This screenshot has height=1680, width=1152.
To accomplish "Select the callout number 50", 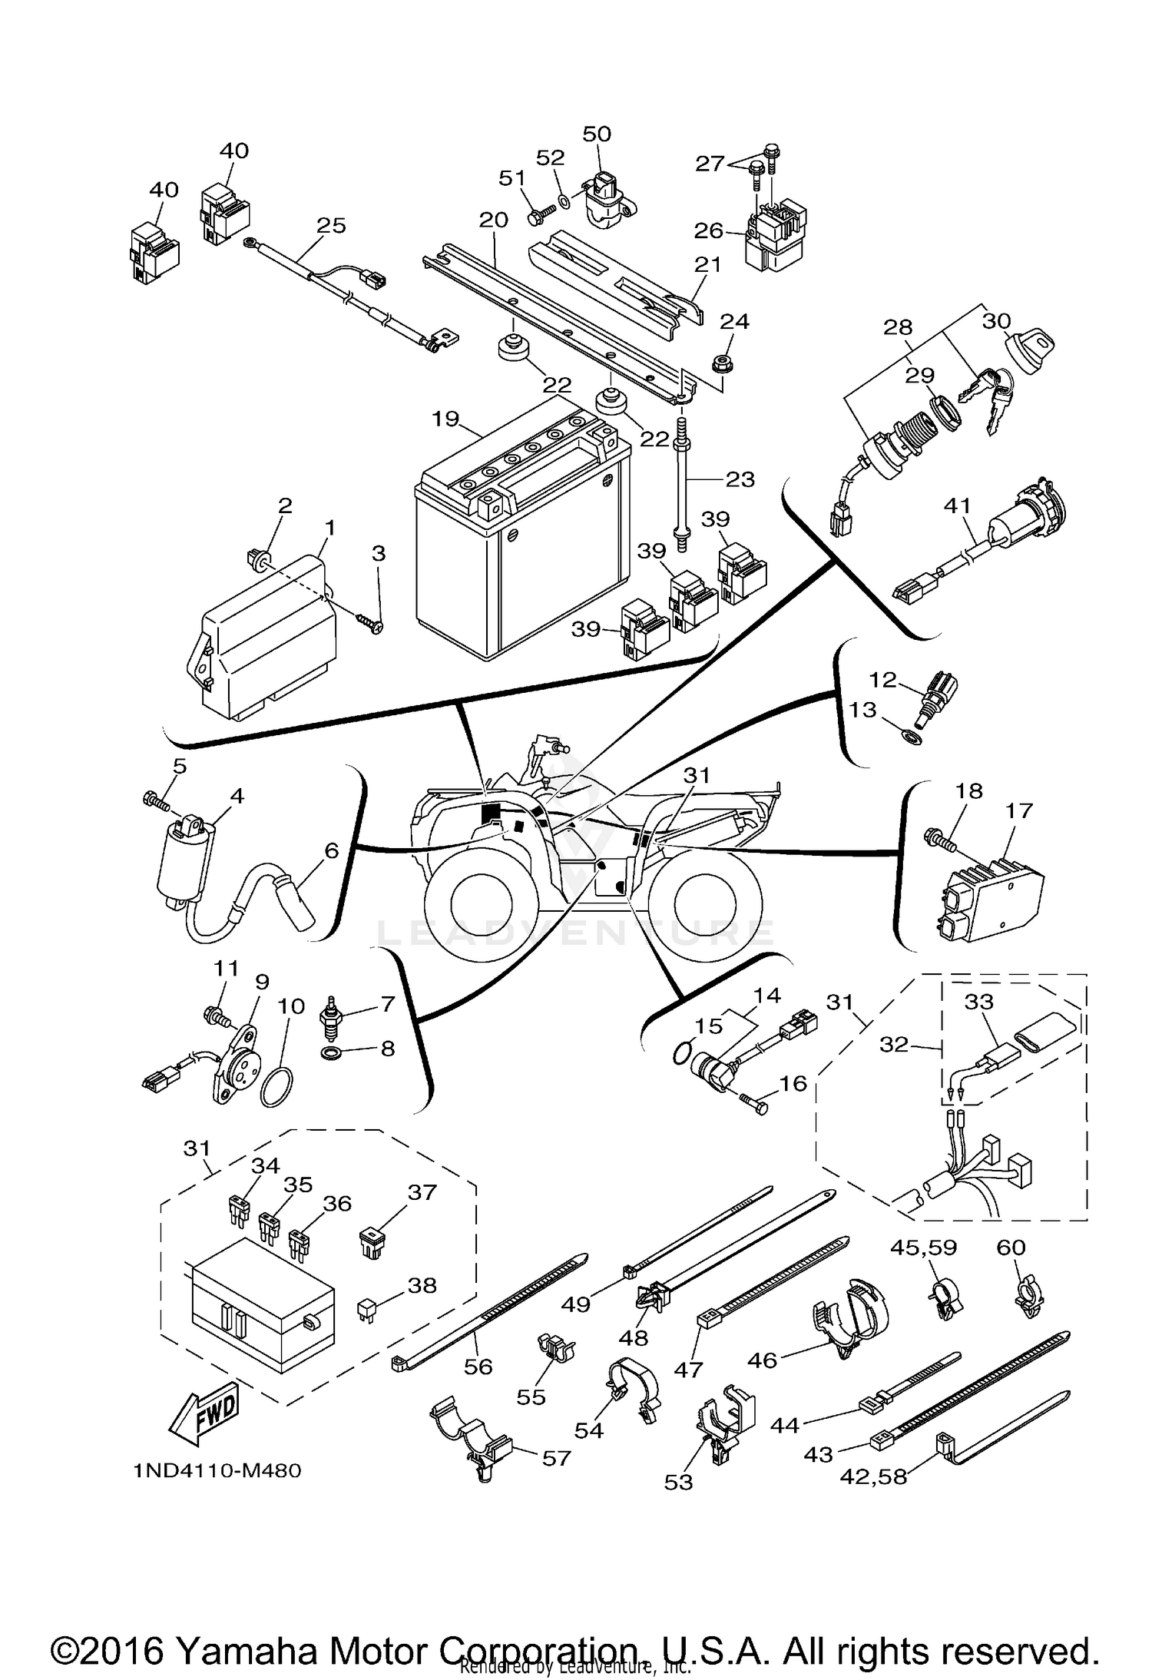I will [x=597, y=134].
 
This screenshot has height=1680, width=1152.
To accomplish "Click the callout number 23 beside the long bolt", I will [x=740, y=479].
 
